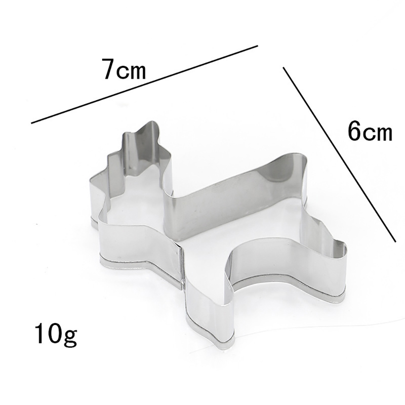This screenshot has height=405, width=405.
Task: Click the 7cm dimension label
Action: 125,69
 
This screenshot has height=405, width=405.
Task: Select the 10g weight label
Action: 56,335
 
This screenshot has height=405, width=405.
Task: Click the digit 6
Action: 354,131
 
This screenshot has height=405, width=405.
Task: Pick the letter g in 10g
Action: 70,337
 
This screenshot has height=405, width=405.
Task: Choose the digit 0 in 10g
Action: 54,333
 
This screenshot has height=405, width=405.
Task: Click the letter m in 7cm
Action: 137,72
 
